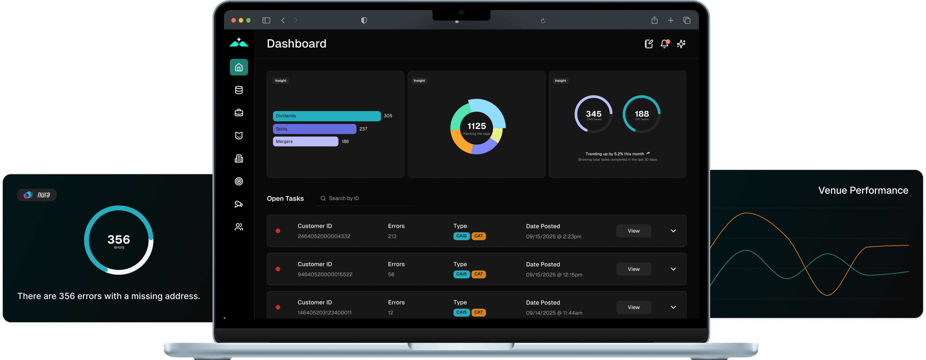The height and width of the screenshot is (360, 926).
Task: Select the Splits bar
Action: coord(314,129)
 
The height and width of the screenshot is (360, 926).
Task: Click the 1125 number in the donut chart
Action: coord(476,126)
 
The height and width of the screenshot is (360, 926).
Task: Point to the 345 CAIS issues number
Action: coord(594,114)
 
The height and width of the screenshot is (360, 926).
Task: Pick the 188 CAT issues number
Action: coord(642,114)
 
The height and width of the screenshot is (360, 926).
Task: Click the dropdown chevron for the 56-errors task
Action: coord(673,269)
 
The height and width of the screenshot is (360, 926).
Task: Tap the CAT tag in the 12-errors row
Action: coord(479,312)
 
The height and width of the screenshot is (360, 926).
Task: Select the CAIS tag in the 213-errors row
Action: coord(461,236)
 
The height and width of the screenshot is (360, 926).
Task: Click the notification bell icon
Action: coord(664,44)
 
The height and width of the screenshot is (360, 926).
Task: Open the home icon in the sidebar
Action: coord(239,67)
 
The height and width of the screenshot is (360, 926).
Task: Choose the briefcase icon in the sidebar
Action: coord(239,113)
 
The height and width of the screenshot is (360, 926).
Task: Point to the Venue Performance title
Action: coord(863,190)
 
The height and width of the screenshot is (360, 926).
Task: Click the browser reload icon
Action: coord(543,21)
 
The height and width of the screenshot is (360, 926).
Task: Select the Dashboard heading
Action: coord(297,44)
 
